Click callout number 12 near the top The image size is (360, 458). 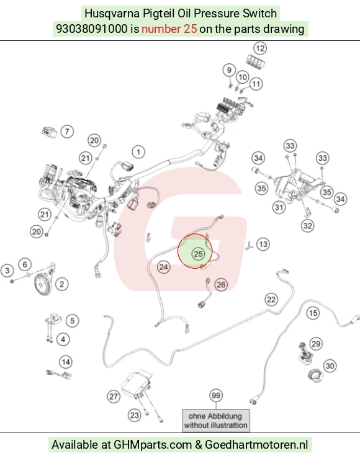pos(260,48)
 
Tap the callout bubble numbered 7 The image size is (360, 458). pos(67,132)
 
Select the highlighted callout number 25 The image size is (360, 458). pos(198,254)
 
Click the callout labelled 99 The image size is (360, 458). pos(216,395)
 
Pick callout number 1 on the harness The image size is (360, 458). pos(138,152)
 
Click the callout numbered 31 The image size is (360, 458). pos(279,207)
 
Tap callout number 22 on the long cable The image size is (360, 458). pos(271,299)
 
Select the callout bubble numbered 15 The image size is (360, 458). pos(313,313)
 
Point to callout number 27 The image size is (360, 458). pos(114,397)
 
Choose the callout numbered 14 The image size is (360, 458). pos(66,362)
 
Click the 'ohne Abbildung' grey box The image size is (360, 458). pos(216,420)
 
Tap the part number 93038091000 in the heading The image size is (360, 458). pos(92,29)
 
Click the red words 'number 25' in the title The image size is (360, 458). pos(169,29)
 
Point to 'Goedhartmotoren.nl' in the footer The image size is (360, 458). pos(256,445)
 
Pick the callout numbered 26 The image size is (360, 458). pos(221,284)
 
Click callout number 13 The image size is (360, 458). pos(263,244)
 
